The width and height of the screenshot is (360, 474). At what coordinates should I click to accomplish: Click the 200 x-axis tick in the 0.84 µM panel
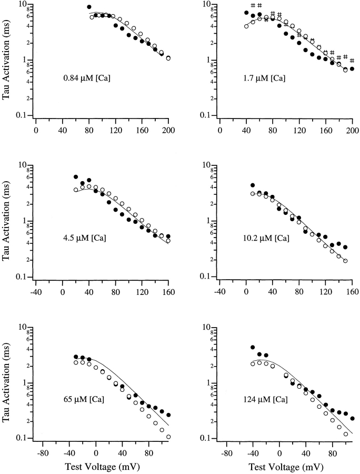pyautogui.click(x=168, y=129)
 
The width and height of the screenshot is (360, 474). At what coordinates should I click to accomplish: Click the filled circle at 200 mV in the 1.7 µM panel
pyautogui.click(x=352, y=69)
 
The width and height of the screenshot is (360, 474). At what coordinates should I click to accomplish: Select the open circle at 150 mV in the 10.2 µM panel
pyautogui.click(x=345, y=261)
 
